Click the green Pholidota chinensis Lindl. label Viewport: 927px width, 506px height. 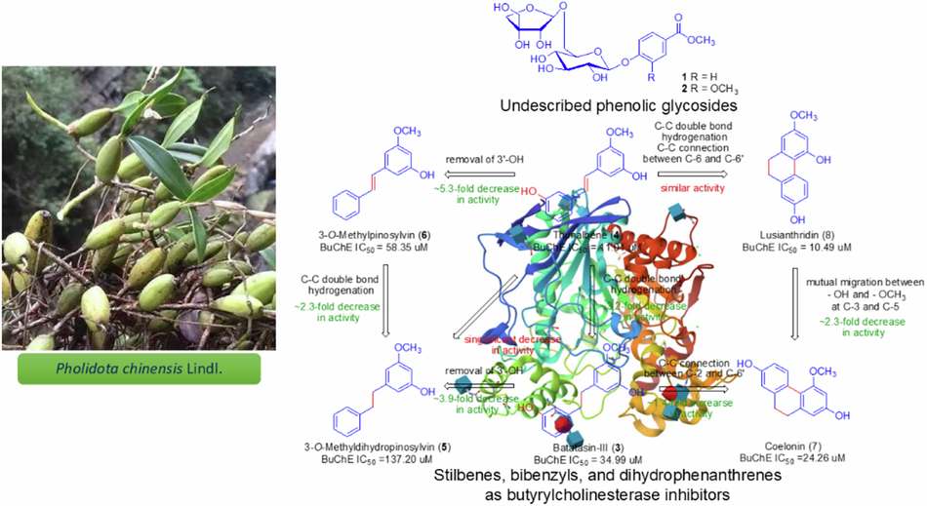138,368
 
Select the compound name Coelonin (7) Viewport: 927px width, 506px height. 791,445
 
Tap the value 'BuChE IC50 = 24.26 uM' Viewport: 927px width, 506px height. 791,458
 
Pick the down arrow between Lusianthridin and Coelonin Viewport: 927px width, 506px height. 796,316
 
